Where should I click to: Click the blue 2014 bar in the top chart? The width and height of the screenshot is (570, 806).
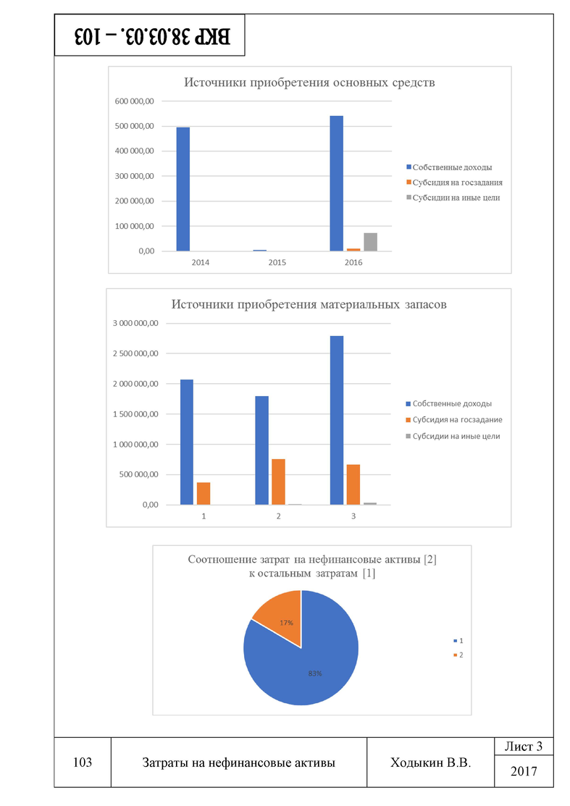tap(183, 189)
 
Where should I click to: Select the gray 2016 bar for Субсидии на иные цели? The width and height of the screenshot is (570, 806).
tap(370, 242)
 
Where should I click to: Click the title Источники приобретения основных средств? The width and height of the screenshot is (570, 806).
tap(309, 83)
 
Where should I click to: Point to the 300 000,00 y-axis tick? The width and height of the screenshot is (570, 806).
tap(134, 176)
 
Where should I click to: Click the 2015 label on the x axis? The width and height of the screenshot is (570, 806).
tap(277, 261)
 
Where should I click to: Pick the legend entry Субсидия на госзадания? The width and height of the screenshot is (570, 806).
tap(457, 182)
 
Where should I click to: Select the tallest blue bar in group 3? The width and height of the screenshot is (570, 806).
tap(337, 420)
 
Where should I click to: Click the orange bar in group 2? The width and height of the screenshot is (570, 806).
tap(278, 482)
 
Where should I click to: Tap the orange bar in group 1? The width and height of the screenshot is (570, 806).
tap(204, 493)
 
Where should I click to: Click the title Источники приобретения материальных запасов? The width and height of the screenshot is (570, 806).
tap(309, 305)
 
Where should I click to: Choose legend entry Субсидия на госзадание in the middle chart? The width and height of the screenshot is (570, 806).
tap(457, 420)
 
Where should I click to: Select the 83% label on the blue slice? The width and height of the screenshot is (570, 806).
tap(314, 673)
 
